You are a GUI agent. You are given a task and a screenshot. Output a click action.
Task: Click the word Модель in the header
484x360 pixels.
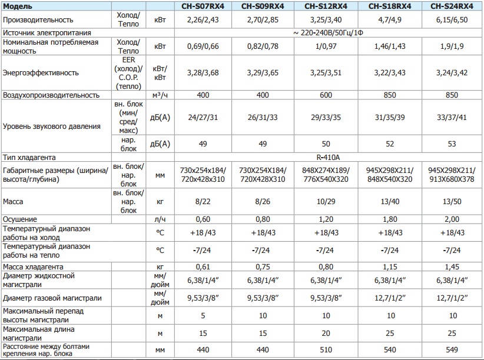[17, 7]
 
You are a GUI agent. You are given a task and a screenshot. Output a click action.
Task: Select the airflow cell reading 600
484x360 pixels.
[326, 94]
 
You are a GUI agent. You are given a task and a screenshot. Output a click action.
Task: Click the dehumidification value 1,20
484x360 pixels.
[326, 219]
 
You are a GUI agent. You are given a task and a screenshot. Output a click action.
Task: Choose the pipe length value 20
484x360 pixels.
[326, 334]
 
